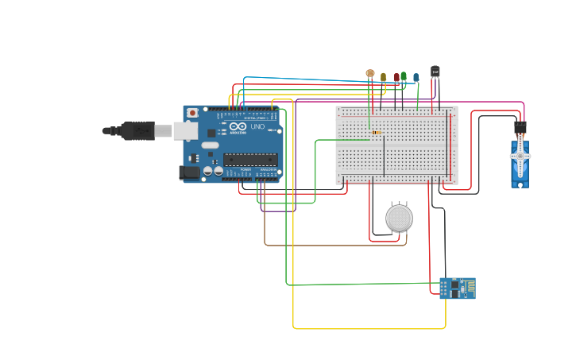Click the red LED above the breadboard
point(396,78)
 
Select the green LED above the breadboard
point(404,76)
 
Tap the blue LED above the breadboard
point(416,78)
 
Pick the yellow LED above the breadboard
point(383,78)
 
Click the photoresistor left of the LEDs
point(369,73)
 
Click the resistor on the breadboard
point(375,133)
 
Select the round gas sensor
point(399,218)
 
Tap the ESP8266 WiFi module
point(457,288)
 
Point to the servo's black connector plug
point(520,126)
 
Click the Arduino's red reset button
point(191,114)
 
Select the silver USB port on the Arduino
point(186,130)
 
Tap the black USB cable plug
point(138,130)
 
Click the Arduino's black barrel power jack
point(190,172)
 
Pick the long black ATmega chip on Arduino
point(249,159)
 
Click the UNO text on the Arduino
point(257,127)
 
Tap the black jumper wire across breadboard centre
point(385,156)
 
